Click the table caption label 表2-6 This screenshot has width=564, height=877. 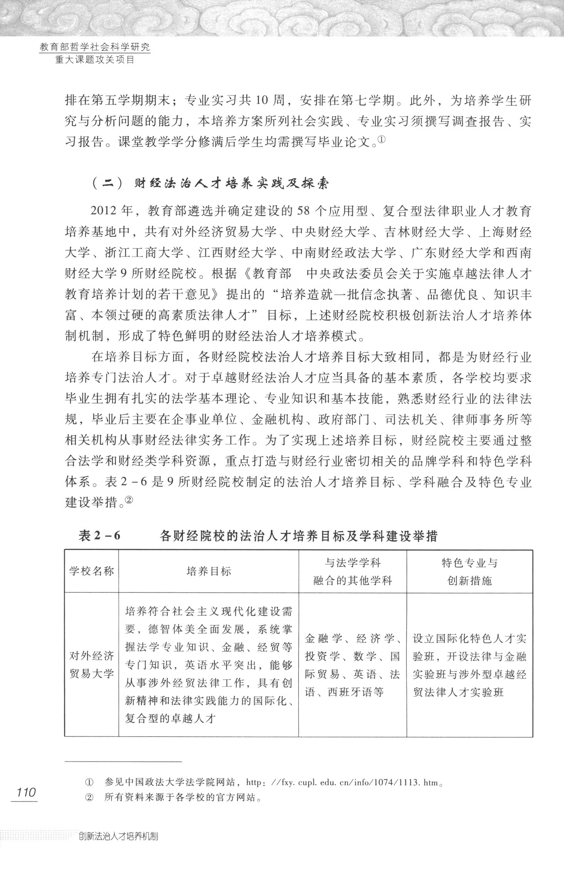pyautogui.click(x=99, y=535)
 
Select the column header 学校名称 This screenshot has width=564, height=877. pyautogui.click(x=91, y=571)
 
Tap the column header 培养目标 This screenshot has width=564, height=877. pyautogui.click(x=209, y=571)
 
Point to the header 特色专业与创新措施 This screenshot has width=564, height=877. pyautogui.click(x=469, y=571)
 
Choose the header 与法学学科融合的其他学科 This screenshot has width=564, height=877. pyautogui.click(x=352, y=571)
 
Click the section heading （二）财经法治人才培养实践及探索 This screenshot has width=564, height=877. pyautogui.click(x=211, y=184)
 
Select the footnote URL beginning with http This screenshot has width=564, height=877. pyautogui.click(x=342, y=783)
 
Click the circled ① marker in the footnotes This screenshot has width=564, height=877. pyautogui.click(x=89, y=783)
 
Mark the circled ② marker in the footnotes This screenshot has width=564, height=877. pyautogui.click(x=89, y=798)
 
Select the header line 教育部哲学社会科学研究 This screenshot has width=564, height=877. pyautogui.click(x=95, y=47)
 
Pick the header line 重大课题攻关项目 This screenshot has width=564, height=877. pyautogui.click(x=95, y=60)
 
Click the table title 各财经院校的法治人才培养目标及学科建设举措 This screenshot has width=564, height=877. pyautogui.click(x=299, y=535)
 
